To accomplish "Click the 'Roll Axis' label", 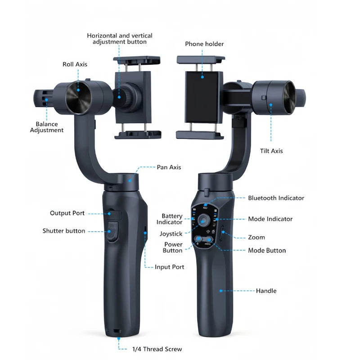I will click(75, 64).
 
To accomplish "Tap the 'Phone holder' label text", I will click(204, 44).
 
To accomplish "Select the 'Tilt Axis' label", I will click(271, 151).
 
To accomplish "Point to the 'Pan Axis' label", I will click(169, 167).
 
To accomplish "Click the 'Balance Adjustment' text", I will click(47, 127).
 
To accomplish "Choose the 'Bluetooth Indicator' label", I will click(276, 198).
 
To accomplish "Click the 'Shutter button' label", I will click(64, 231).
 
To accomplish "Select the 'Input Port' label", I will click(170, 267).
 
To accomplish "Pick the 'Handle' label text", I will click(266, 291).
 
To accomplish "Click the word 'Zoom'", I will click(256, 237).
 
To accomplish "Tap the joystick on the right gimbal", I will click(203, 220).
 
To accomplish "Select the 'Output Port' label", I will click(67, 213).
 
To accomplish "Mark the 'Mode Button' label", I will click(267, 250).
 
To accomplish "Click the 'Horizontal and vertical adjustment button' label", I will click(120, 38).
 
